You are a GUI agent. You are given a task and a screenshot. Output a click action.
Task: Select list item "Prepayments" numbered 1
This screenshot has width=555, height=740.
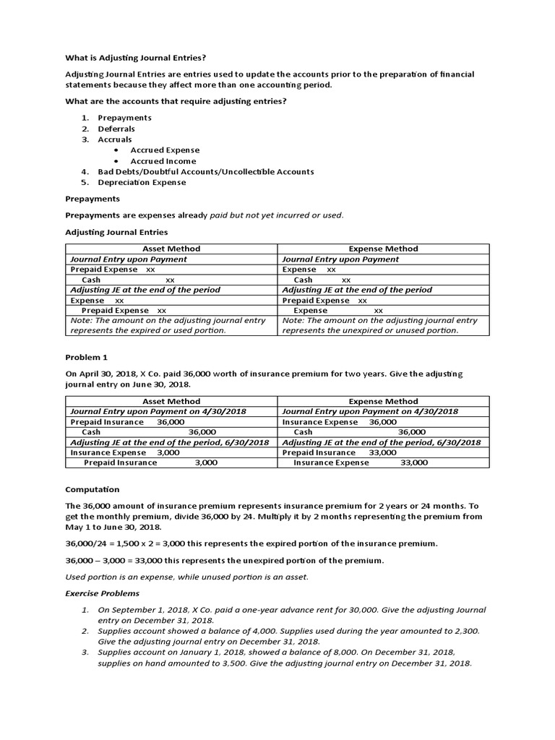click(124, 117)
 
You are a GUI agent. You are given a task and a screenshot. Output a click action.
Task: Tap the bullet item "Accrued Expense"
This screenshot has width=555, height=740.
click(165, 150)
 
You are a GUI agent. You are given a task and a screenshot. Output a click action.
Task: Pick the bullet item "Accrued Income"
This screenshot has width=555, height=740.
click(163, 160)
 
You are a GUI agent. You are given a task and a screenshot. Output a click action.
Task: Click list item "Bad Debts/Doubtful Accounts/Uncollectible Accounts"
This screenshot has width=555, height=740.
click(205, 171)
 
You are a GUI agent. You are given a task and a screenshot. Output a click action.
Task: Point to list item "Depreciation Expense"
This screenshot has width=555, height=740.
click(142, 182)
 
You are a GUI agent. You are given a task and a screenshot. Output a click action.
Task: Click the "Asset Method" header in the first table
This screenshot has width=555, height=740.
click(171, 249)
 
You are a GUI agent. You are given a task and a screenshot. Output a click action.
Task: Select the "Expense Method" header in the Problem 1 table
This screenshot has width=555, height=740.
click(383, 401)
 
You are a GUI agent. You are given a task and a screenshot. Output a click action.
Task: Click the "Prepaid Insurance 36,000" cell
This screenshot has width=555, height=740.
click(127, 421)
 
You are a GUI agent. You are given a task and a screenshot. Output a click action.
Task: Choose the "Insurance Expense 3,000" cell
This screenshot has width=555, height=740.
click(125, 452)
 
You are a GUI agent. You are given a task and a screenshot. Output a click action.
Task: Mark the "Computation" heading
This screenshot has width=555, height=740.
click(92, 489)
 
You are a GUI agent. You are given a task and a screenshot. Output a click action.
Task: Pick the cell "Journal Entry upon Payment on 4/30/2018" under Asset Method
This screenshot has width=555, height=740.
click(158, 411)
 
